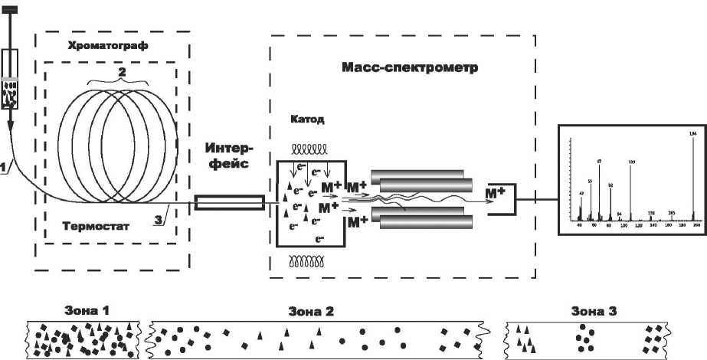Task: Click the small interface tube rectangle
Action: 230,203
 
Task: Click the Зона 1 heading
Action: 85,312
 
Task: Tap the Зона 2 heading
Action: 311,312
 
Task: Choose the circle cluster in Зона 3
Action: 587,335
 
